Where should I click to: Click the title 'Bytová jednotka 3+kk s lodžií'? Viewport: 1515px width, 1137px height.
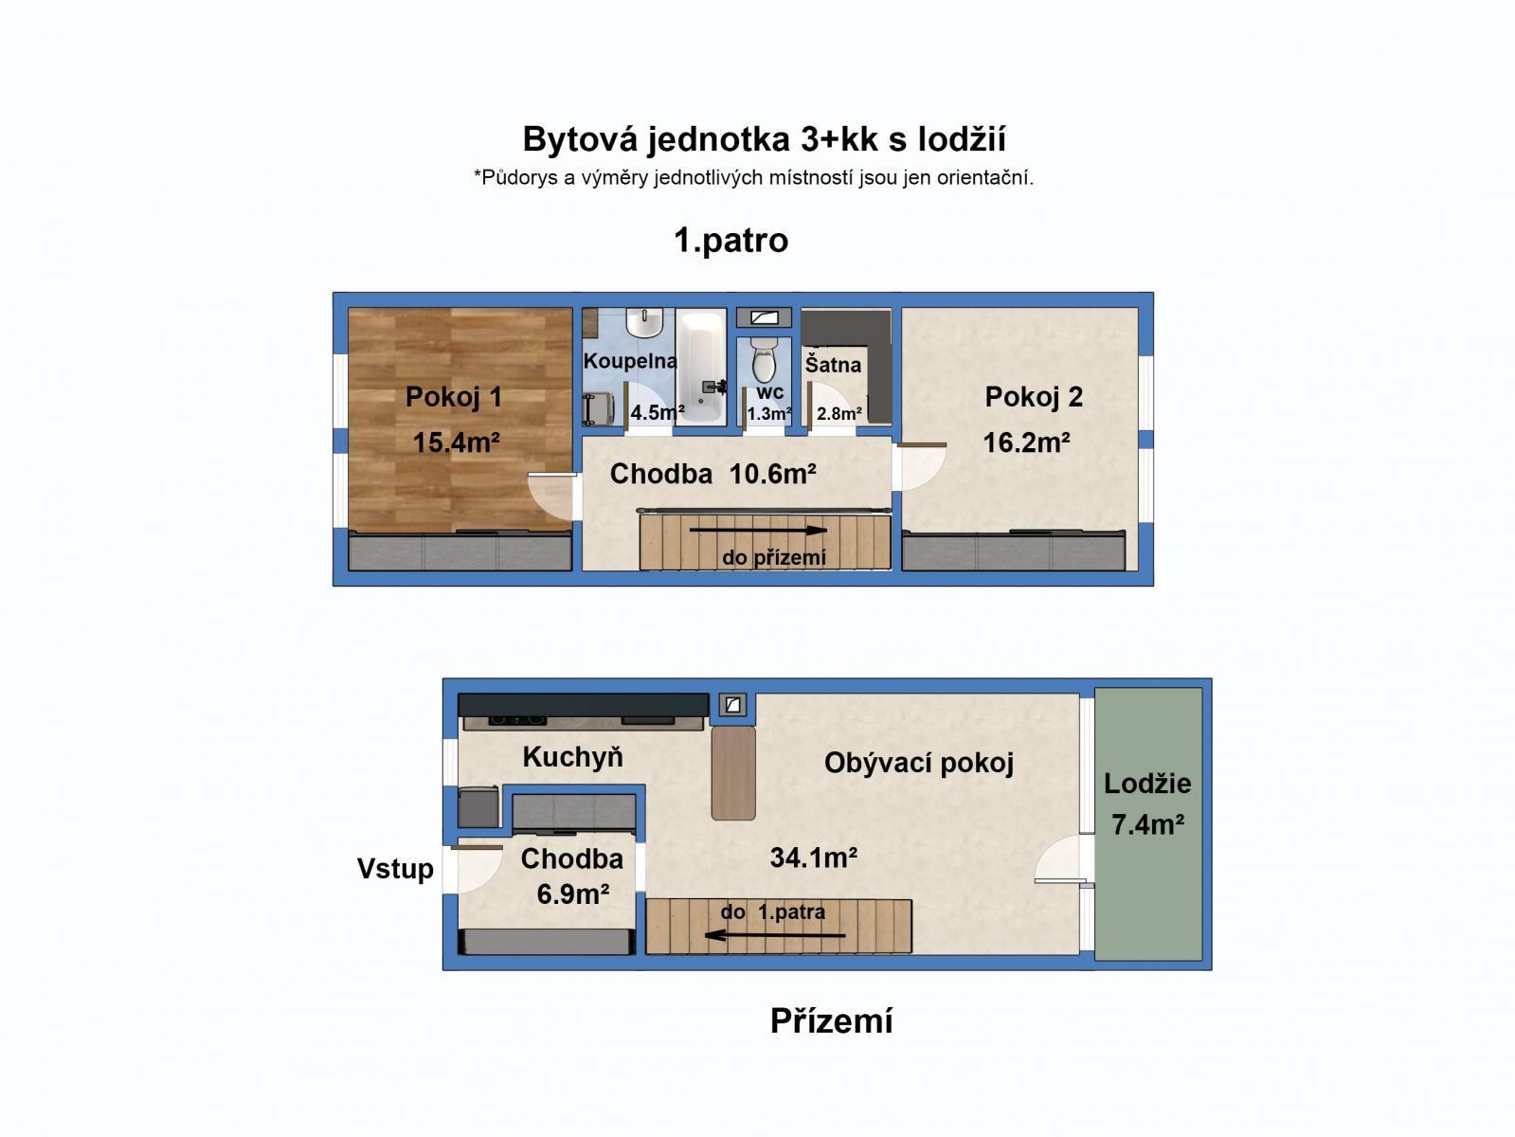point(764,140)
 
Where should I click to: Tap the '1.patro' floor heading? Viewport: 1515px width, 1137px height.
point(730,241)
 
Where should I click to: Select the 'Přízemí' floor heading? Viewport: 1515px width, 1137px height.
point(831,1020)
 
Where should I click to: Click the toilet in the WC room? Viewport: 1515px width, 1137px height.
point(764,360)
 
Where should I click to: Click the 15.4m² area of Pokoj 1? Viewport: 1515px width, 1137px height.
point(456,442)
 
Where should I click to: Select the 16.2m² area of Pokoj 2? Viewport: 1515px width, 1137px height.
point(1026,442)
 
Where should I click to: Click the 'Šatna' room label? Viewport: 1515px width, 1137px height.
point(833,365)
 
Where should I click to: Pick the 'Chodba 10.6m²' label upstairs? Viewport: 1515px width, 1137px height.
point(712,474)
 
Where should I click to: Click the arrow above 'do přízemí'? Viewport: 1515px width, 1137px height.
point(758,531)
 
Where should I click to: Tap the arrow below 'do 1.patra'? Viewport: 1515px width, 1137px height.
point(775,935)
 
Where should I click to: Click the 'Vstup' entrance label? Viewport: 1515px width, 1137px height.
point(395,869)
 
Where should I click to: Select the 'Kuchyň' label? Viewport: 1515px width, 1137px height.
point(573,757)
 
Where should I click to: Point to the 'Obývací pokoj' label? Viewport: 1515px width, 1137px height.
point(918,763)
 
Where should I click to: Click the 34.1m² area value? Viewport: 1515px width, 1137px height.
point(813,858)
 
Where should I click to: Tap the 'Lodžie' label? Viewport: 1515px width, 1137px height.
point(1147,784)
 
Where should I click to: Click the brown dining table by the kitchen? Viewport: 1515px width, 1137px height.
point(733,772)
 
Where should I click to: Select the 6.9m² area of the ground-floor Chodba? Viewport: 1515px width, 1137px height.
point(572,893)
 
